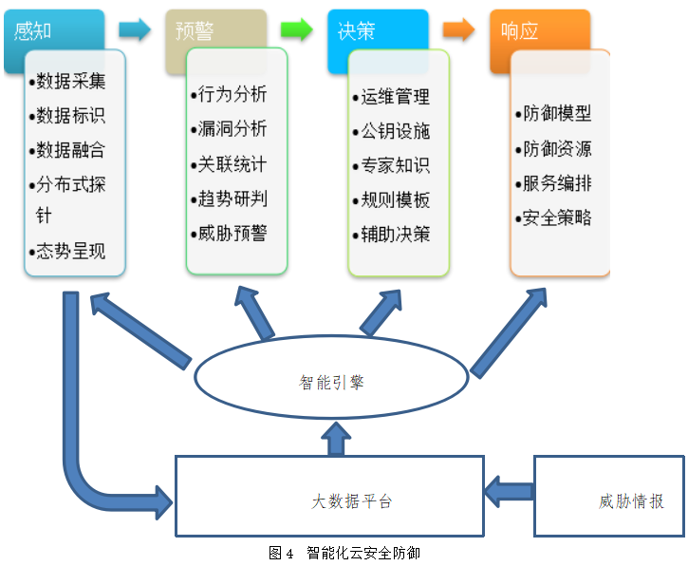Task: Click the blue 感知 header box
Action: coord(34,29)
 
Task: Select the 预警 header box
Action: coord(195,29)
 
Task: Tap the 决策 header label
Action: coord(357,30)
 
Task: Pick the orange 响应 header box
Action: coord(520,30)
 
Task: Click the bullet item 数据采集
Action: coord(69,81)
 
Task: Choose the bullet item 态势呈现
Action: coord(69,252)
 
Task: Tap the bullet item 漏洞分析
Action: coord(232,129)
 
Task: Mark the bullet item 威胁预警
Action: coord(232,233)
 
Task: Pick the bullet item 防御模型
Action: coord(556,114)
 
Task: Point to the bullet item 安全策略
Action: coord(556,217)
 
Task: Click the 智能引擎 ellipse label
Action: coord(331,383)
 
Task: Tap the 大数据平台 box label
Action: coord(352,500)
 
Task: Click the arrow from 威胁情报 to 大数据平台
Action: coord(509,493)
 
